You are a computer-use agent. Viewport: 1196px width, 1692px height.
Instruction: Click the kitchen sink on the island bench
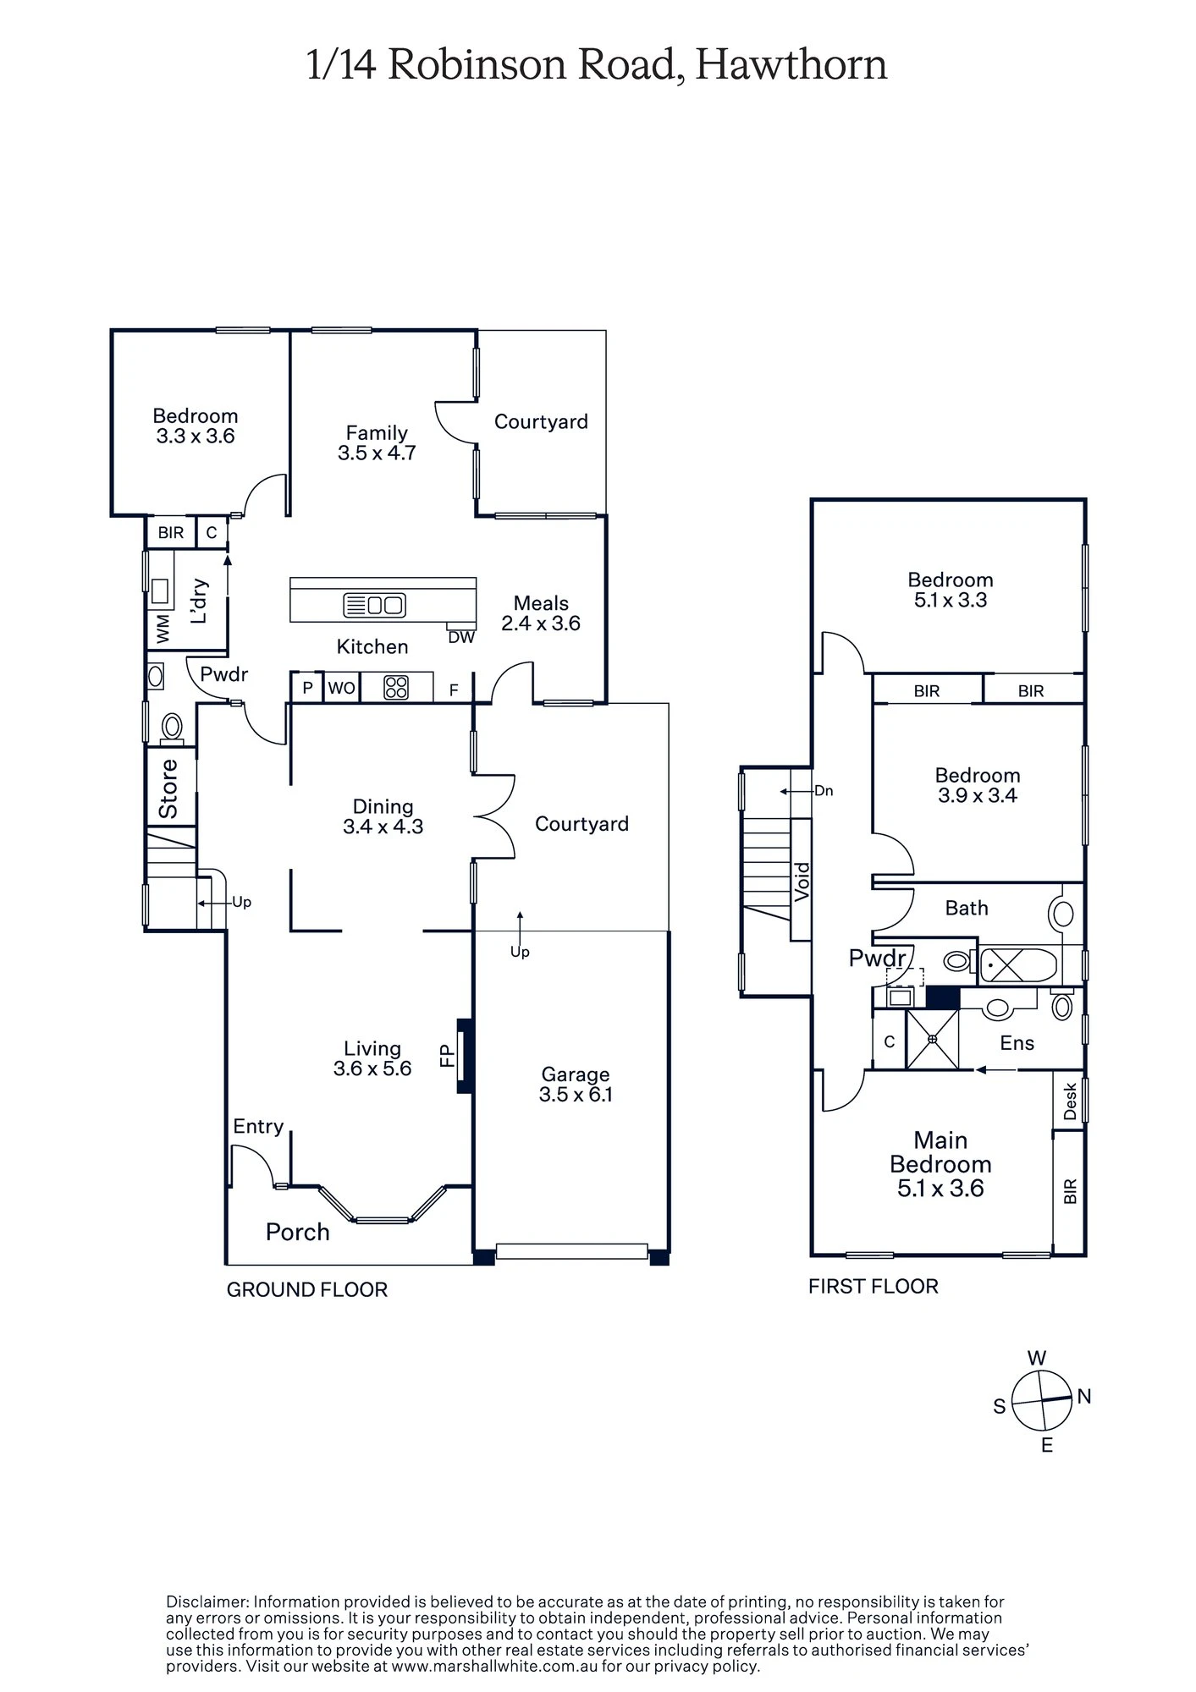[375, 605]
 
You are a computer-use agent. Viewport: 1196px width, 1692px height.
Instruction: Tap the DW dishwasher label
[461, 638]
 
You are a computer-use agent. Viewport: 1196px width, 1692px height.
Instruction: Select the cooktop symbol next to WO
[396, 688]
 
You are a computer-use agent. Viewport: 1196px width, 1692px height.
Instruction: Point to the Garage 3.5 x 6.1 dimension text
[576, 1095]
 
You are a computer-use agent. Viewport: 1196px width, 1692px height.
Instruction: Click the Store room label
[169, 788]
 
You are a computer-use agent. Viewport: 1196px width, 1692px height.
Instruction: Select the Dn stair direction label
[823, 791]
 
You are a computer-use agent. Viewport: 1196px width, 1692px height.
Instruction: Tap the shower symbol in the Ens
[932, 1039]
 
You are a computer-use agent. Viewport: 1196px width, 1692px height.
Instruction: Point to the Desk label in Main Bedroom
[1070, 1101]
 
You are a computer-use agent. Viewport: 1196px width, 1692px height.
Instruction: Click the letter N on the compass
[1084, 1397]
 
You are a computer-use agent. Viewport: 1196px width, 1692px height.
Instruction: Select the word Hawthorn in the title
[791, 65]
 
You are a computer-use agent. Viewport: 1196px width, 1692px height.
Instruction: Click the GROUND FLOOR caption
[306, 1289]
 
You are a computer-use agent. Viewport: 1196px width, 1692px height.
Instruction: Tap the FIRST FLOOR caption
[873, 1286]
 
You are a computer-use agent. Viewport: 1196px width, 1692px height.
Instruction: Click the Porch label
[297, 1232]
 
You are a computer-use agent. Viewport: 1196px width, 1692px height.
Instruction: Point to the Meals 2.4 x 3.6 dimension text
[541, 624]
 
